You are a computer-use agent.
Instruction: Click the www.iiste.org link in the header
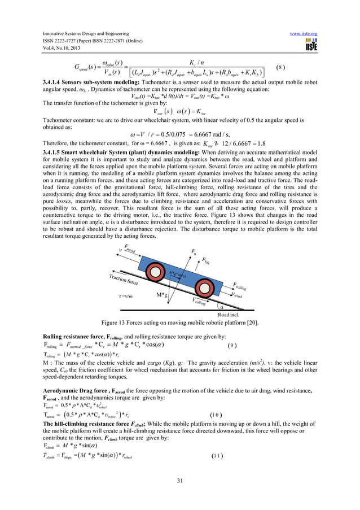(x=304, y=33)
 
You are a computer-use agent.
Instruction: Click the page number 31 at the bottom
(x=179, y=480)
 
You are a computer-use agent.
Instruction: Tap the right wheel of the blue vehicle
(x=203, y=289)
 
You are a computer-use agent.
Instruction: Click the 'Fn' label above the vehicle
(x=195, y=249)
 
